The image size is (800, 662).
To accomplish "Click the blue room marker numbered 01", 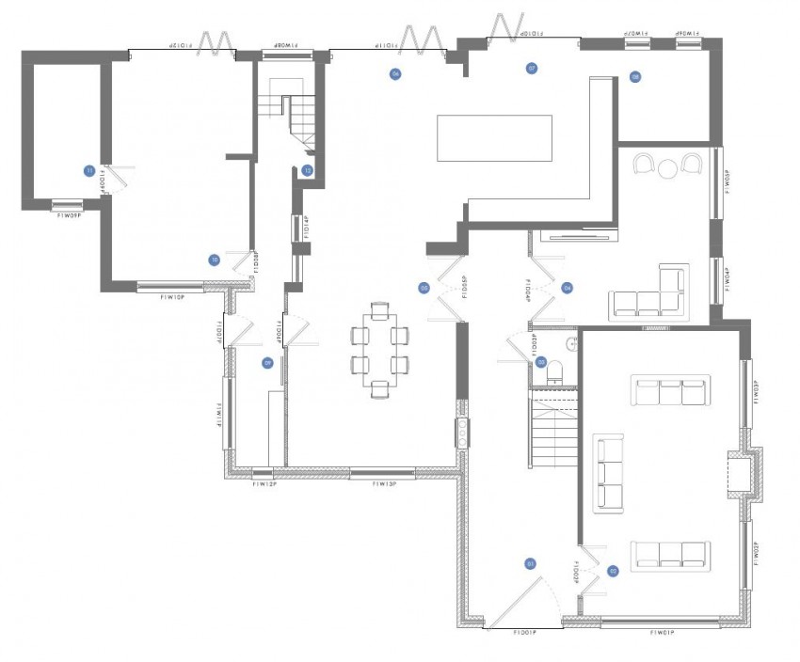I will (x=530, y=563).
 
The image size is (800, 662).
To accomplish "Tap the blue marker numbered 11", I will (x=89, y=171).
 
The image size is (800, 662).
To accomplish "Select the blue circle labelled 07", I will (x=532, y=69).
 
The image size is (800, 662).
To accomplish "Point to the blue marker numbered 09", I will (x=267, y=362).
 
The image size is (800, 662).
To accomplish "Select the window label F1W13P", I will (x=384, y=484).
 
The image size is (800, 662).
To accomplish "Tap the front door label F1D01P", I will (x=525, y=634).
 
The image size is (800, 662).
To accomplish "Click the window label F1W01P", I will (x=664, y=634).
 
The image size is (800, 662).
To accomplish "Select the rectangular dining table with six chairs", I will (x=379, y=345).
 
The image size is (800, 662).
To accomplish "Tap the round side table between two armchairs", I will (x=667, y=169).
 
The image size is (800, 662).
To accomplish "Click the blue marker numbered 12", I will (x=308, y=170).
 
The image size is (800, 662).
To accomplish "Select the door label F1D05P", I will (x=465, y=288).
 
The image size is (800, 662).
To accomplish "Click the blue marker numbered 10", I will (x=215, y=260).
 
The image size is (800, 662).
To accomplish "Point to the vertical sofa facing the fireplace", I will (x=608, y=472).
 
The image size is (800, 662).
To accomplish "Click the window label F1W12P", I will (x=264, y=484).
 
